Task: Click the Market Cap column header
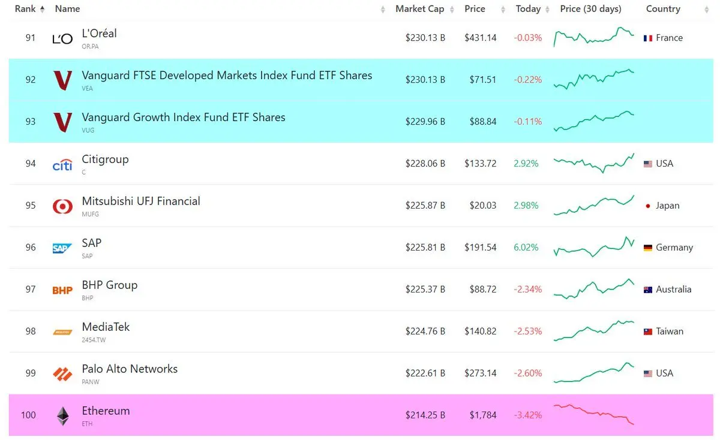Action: click(420, 9)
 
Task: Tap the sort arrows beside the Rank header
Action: click(42, 10)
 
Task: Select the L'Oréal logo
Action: click(62, 39)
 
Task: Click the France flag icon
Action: click(647, 38)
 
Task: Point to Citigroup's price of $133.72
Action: click(480, 164)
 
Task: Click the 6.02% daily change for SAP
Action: click(526, 248)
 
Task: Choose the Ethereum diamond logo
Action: click(62, 416)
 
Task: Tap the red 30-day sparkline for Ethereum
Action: click(593, 414)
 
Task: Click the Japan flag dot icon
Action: click(647, 206)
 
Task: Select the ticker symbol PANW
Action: click(91, 382)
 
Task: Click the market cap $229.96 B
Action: click(425, 122)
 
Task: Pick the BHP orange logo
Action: click(62, 290)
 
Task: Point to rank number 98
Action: click(31, 331)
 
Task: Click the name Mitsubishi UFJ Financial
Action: click(141, 201)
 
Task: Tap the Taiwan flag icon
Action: click(647, 331)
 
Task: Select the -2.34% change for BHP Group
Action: click(528, 290)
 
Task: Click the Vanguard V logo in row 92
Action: click(62, 80)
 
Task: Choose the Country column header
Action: click(663, 9)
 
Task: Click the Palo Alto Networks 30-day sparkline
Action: click(593, 372)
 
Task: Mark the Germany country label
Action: click(674, 248)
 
